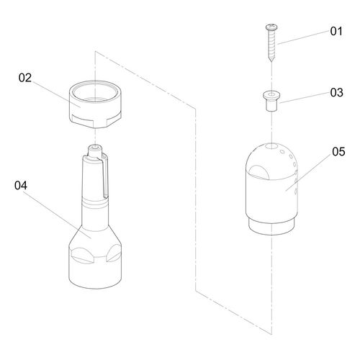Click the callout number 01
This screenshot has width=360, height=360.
[x=336, y=31]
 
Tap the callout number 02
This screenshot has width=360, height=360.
[x=25, y=78]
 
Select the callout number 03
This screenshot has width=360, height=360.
[x=336, y=93]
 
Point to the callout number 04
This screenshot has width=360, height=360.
[x=21, y=186]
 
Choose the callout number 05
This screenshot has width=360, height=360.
[x=338, y=152]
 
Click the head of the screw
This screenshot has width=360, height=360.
[x=271, y=27]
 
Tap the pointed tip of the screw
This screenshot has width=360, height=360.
[x=271, y=62]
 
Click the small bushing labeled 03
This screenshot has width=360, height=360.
[x=271, y=101]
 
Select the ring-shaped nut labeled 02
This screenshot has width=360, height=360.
[x=95, y=104]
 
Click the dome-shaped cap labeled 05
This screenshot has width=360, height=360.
[x=271, y=189]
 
